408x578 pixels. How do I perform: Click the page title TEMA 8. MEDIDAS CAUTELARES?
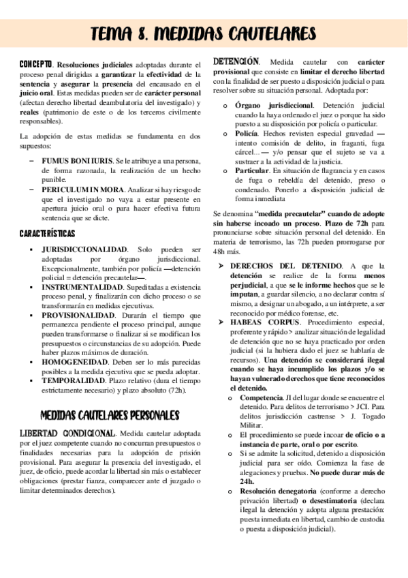click(x=203, y=33)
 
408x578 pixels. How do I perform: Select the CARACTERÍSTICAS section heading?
click(x=47, y=234)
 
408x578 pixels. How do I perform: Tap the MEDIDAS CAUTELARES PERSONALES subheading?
click(x=109, y=414)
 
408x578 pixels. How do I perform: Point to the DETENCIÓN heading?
click(x=236, y=61)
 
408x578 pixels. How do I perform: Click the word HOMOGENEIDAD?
click(x=75, y=363)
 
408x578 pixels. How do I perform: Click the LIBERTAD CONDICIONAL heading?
click(x=67, y=433)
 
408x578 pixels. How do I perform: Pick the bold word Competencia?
click(x=262, y=397)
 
